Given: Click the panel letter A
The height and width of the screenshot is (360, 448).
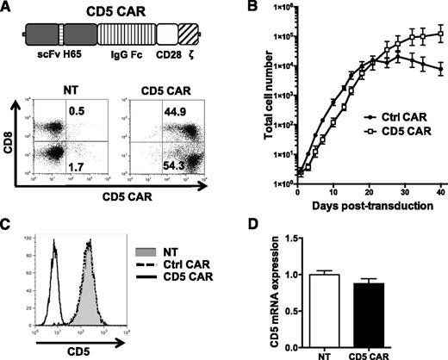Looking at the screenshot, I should pos(8,8).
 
